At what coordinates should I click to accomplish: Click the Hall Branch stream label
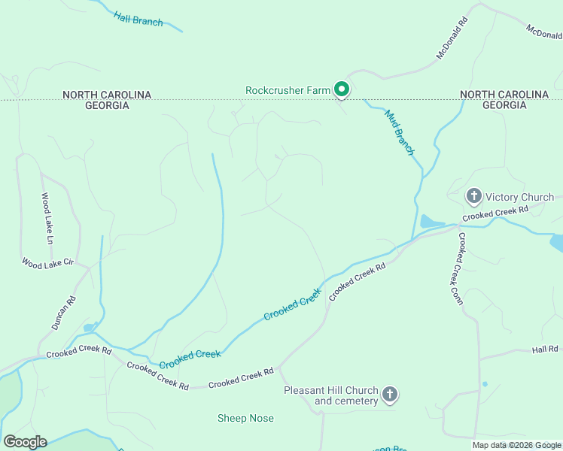pyautogui.click(x=138, y=19)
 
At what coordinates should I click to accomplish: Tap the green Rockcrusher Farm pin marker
pyautogui.click(x=341, y=90)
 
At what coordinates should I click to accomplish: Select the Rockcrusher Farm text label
pyautogui.click(x=288, y=90)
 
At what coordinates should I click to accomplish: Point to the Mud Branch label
pyautogui.click(x=400, y=132)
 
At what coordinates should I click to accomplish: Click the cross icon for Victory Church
pyautogui.click(x=473, y=197)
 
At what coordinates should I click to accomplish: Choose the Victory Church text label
pyautogui.click(x=519, y=198)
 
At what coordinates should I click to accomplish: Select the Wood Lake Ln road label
pyautogui.click(x=47, y=219)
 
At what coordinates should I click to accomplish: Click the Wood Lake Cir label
pyautogui.click(x=47, y=264)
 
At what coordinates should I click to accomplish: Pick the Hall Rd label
pyautogui.click(x=544, y=350)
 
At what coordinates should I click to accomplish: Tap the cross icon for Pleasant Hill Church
pyautogui.click(x=389, y=395)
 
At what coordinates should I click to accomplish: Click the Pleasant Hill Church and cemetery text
pyautogui.click(x=330, y=395)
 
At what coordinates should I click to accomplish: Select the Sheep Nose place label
pyautogui.click(x=245, y=418)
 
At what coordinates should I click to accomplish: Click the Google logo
pyautogui.click(x=25, y=442)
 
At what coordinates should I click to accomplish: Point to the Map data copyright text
pyautogui.click(x=517, y=445)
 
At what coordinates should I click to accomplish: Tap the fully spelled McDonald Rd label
pyautogui.click(x=452, y=40)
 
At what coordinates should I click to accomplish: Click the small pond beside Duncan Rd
pyautogui.click(x=90, y=328)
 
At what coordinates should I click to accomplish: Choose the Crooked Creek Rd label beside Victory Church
pyautogui.click(x=495, y=213)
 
